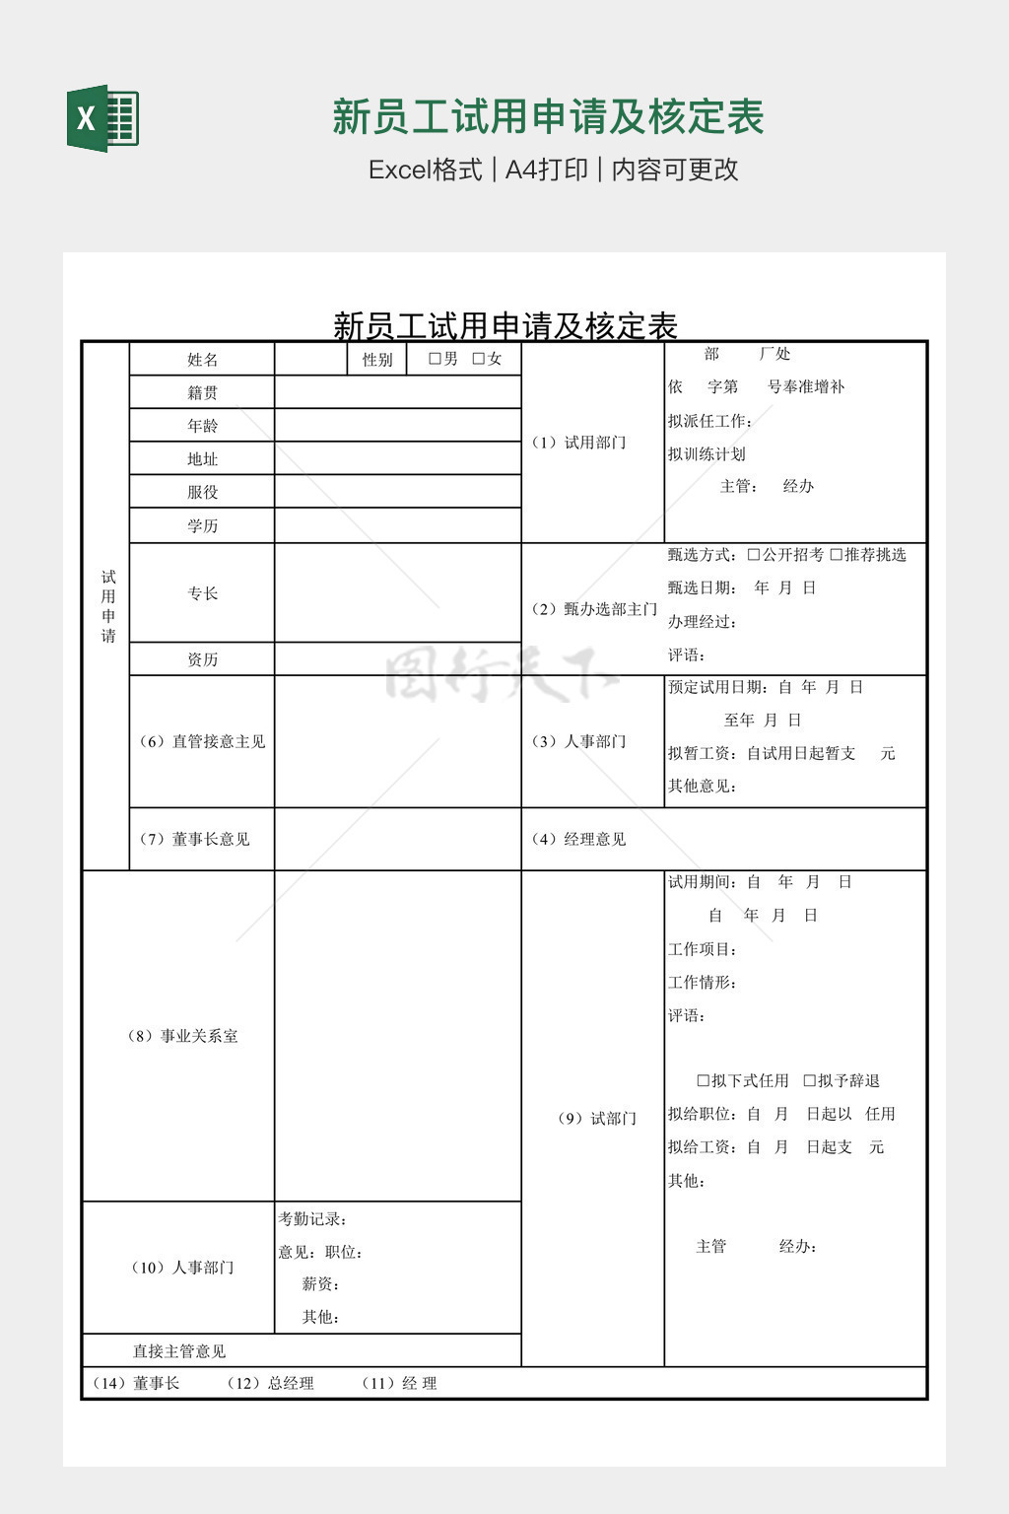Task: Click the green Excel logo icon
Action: pos(102,118)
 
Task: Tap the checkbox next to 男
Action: pos(435,359)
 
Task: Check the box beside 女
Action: pos(479,359)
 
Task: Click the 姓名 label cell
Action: pos(202,360)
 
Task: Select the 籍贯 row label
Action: pos(202,392)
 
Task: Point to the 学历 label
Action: pos(202,525)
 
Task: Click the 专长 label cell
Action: pos(202,592)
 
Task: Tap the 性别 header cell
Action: pos(377,360)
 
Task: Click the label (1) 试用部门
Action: pos(578,443)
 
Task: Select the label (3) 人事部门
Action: pos(578,741)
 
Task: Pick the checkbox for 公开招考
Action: pos(754,555)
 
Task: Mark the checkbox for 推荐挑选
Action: pos(836,555)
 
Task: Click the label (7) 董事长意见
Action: pos(194,839)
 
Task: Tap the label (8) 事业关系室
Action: pos(182,1036)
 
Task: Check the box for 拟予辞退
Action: pos(809,1081)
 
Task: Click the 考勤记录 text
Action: pos(312,1219)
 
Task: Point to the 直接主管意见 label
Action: pos(179,1351)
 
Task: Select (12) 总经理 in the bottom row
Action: pos(271,1384)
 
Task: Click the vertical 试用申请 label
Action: pos(108,606)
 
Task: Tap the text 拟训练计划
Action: pos(706,454)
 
